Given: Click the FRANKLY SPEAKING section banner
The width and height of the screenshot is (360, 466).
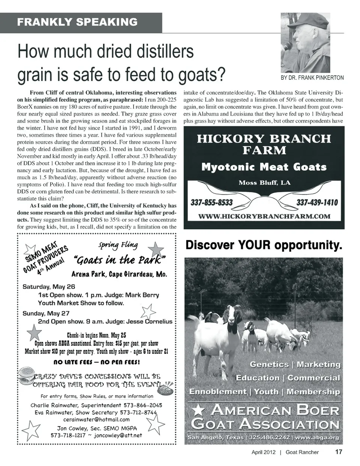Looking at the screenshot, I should [77, 22].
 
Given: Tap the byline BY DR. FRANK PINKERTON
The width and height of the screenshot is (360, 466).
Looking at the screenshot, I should [312, 78].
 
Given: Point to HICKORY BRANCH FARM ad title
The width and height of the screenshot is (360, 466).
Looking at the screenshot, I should [264, 144].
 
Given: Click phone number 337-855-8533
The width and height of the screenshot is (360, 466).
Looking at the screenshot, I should [211, 203].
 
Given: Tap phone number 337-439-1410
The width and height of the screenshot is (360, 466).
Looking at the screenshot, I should [317, 203].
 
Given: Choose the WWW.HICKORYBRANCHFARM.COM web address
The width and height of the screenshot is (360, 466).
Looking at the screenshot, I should [264, 216].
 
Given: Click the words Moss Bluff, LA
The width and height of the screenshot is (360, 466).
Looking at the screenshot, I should [264, 183].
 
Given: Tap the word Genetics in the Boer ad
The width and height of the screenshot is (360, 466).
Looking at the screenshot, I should [269, 364].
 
